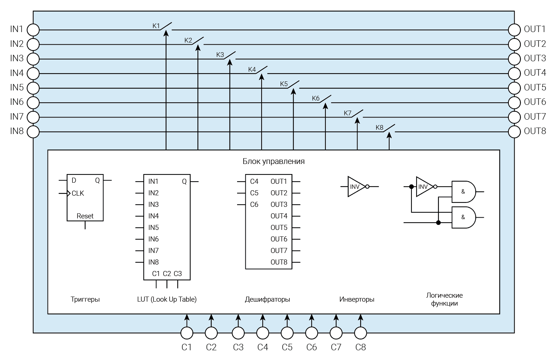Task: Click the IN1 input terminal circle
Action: (x=33, y=30)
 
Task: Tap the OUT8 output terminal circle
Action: (x=514, y=132)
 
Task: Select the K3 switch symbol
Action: (x=229, y=55)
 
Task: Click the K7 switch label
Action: (x=347, y=113)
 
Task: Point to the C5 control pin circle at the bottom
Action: (x=287, y=333)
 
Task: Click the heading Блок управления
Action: (x=273, y=161)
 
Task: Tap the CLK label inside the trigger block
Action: (x=78, y=193)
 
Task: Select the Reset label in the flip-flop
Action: (x=85, y=216)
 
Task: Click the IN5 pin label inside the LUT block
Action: (x=154, y=227)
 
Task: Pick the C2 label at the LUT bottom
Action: (x=167, y=274)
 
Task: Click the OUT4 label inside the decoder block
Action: (x=279, y=216)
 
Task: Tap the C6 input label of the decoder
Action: (x=254, y=204)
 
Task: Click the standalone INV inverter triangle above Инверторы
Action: (x=355, y=187)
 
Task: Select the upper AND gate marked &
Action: (x=463, y=192)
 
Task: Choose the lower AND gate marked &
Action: (x=463, y=217)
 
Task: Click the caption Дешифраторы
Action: (x=267, y=299)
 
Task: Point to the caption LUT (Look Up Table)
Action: (x=167, y=299)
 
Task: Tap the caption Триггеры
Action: (x=85, y=299)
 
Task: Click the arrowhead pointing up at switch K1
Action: (x=166, y=33)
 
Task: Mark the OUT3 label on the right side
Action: (x=535, y=58)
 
